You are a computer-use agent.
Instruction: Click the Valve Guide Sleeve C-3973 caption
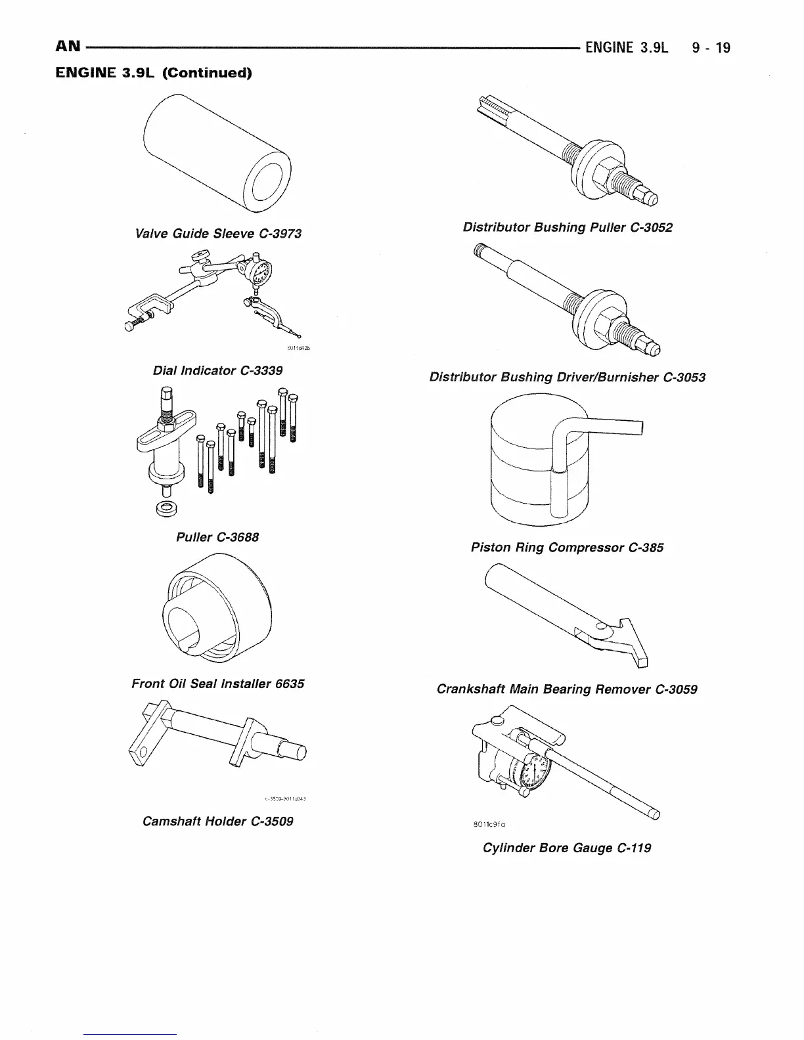click(x=217, y=234)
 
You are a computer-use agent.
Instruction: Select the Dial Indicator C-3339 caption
click(x=217, y=370)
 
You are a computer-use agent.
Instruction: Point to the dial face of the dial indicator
click(x=262, y=272)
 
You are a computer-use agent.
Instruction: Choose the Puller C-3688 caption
click(x=217, y=537)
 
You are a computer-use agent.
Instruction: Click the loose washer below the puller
click(x=164, y=508)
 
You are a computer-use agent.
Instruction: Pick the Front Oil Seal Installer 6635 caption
click(x=217, y=683)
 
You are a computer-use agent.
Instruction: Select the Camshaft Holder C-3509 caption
click(x=217, y=821)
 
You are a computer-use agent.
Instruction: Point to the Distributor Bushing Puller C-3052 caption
click(x=567, y=227)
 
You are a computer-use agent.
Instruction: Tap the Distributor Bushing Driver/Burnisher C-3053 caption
click(x=567, y=377)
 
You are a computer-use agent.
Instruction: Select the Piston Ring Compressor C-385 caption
click(x=567, y=547)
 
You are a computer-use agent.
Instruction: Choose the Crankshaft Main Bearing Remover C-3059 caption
click(x=567, y=689)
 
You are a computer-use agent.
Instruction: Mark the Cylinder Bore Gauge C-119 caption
click(x=567, y=848)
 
